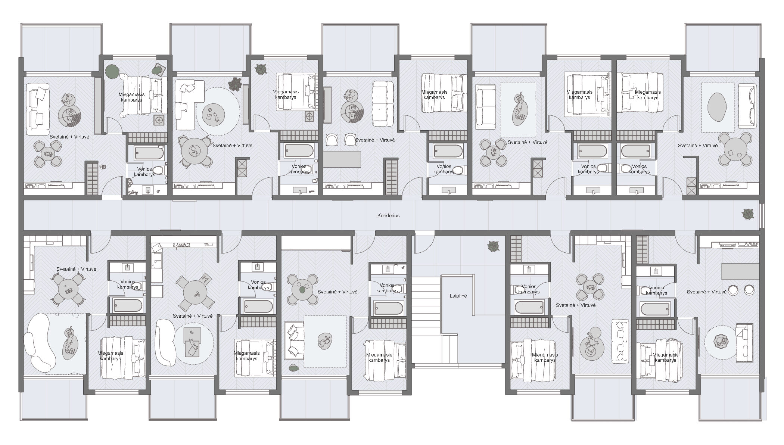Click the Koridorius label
click(388, 215)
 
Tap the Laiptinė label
click(458, 296)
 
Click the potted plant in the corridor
click(747, 215)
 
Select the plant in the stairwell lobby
click(493, 247)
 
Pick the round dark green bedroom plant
click(111, 71)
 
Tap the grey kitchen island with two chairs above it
click(342, 159)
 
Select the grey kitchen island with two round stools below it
click(740, 271)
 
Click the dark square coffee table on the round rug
click(193, 341)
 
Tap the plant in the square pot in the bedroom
click(159, 69)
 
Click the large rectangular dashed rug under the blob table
click(324, 342)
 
